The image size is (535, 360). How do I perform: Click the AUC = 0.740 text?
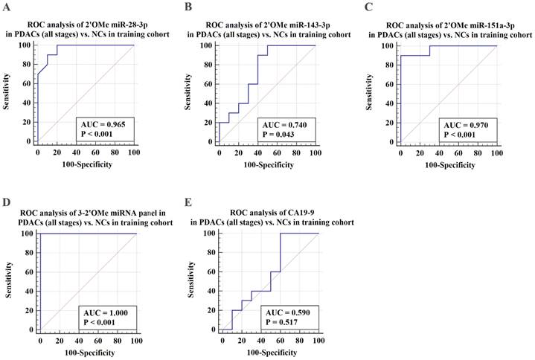coord(286,124)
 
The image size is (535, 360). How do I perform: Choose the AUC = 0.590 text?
coord(286,312)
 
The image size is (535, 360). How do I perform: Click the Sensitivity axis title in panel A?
coord(10,93)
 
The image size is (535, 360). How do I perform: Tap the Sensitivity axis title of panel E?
coord(192,281)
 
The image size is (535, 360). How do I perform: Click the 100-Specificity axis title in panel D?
coord(86,351)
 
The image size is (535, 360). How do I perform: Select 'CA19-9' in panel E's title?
coord(283,211)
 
